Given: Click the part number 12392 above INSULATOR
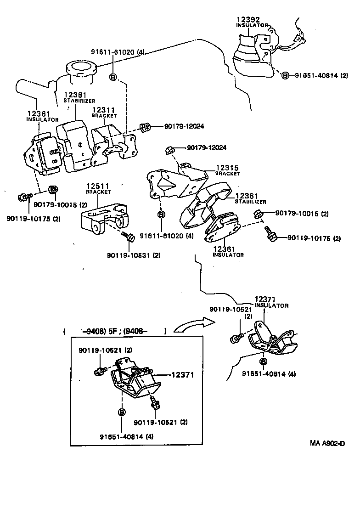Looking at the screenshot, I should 248,20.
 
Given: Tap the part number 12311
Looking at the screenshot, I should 103,110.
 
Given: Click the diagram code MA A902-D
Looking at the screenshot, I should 326,443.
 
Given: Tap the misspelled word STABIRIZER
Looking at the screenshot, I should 79,100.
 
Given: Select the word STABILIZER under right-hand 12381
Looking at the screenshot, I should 250,201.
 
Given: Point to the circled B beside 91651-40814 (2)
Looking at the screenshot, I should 285,75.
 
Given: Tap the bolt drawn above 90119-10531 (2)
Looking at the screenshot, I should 128,237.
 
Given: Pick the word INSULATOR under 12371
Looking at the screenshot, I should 271,305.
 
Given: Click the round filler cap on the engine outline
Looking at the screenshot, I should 81,69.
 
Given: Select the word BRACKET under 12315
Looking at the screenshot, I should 228,174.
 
